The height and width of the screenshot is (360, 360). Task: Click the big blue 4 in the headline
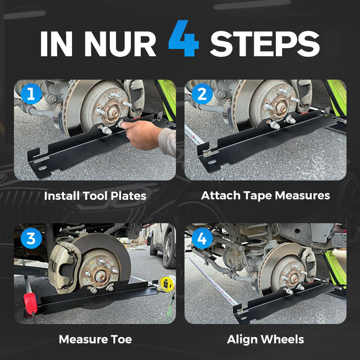(184, 38)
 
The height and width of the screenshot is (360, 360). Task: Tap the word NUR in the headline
(120, 44)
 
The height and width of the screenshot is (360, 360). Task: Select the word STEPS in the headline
(265, 44)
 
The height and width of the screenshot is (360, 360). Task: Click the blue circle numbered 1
(31, 94)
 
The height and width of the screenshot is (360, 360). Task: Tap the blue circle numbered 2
(202, 94)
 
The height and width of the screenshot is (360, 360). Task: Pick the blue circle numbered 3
(31, 238)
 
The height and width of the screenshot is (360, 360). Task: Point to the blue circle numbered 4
(202, 238)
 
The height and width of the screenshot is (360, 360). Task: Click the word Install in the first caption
(62, 196)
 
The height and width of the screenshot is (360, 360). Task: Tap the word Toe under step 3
(121, 339)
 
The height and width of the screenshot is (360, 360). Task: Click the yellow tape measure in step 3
(167, 284)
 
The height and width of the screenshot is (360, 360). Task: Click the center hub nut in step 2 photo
(280, 107)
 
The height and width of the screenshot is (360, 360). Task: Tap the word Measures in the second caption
(302, 196)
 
